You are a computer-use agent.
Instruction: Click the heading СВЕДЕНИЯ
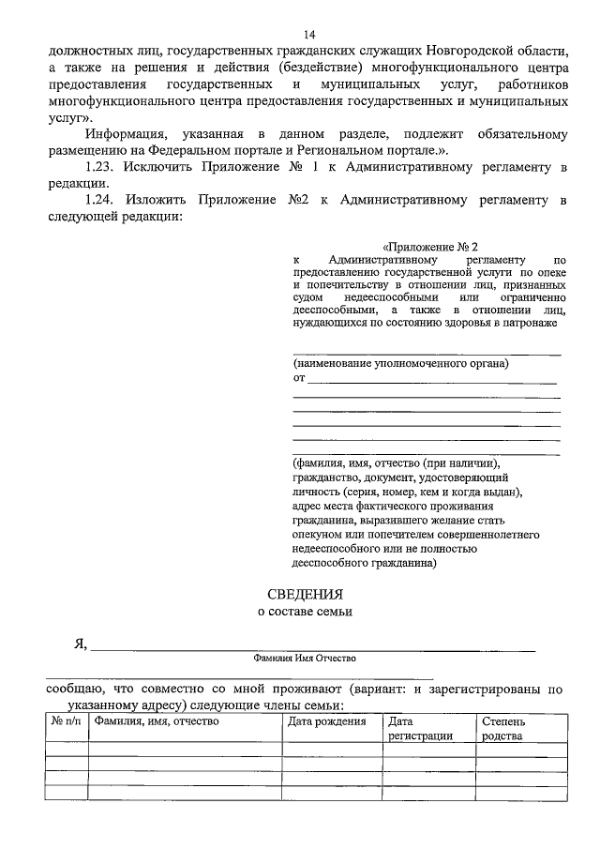pos(307,594)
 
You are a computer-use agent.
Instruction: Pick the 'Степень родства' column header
pos(507,729)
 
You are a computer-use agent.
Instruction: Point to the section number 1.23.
pos(99,167)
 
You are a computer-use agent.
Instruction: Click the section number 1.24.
pos(99,201)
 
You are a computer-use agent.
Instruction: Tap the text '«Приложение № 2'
pos(430,246)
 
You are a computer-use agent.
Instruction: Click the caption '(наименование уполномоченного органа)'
pos(400,362)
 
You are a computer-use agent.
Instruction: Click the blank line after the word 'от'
pos(432,378)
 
